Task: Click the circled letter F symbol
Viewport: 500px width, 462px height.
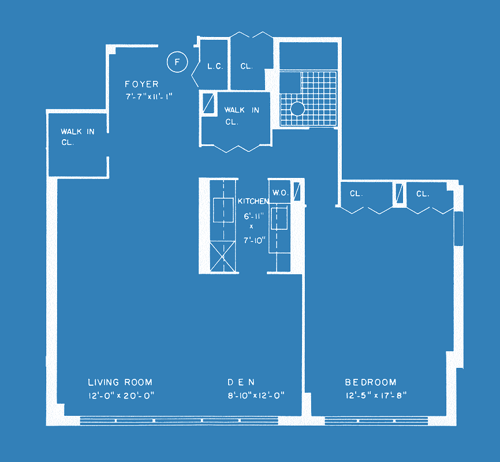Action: (x=177, y=62)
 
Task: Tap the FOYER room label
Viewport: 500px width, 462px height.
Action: (x=141, y=84)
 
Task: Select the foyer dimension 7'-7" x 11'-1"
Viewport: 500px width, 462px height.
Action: (x=149, y=96)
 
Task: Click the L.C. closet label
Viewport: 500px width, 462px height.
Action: (x=215, y=66)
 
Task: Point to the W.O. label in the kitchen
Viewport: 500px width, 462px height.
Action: (x=281, y=193)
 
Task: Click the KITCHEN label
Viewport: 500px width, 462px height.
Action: (x=253, y=201)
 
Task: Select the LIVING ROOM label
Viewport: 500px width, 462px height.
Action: (x=120, y=382)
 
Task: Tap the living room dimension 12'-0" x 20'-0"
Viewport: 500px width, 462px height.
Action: (x=121, y=396)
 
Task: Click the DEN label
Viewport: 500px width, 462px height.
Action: (x=241, y=382)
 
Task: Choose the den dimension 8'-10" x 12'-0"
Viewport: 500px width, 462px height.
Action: (x=256, y=396)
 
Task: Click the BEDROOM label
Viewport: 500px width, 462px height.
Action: (x=371, y=382)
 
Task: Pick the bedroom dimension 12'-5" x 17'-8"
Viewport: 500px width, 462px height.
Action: (x=376, y=396)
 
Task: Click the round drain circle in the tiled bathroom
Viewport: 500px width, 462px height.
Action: (x=297, y=109)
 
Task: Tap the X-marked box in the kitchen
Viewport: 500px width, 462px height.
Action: (x=223, y=256)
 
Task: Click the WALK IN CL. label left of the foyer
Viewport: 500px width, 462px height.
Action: (x=77, y=137)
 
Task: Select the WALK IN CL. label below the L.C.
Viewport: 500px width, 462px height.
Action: (x=242, y=116)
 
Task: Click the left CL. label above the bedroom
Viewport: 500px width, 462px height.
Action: (x=356, y=193)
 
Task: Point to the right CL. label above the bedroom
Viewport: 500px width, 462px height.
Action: (x=423, y=193)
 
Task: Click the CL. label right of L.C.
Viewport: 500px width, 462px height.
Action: (x=247, y=66)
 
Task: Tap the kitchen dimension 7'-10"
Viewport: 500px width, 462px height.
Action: (x=255, y=240)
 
